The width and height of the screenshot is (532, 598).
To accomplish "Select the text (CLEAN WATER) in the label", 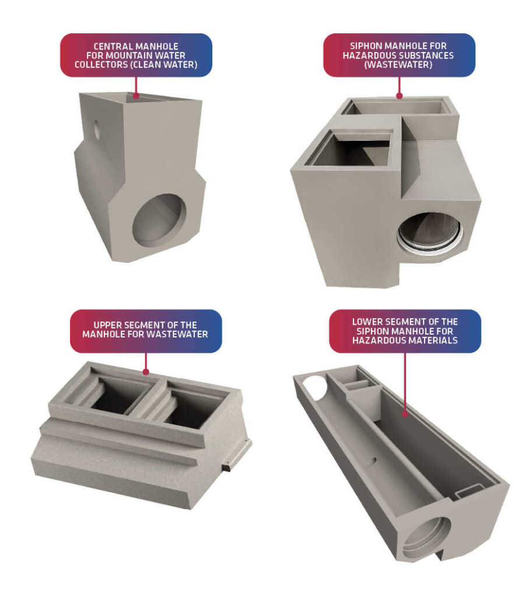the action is (164, 64).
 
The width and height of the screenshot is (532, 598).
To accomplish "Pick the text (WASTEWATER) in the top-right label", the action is (398, 64).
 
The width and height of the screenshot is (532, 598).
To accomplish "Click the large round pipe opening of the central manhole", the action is (159, 220).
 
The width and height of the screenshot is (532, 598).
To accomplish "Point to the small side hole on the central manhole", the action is (97, 129).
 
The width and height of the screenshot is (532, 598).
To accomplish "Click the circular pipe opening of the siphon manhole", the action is (430, 234).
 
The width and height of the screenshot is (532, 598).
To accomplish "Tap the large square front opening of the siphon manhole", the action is (349, 149).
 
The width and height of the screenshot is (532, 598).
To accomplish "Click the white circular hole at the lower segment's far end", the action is (316, 387).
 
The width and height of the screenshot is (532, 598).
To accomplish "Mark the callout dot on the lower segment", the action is (405, 414).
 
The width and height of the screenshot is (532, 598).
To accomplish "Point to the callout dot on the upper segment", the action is (146, 372).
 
